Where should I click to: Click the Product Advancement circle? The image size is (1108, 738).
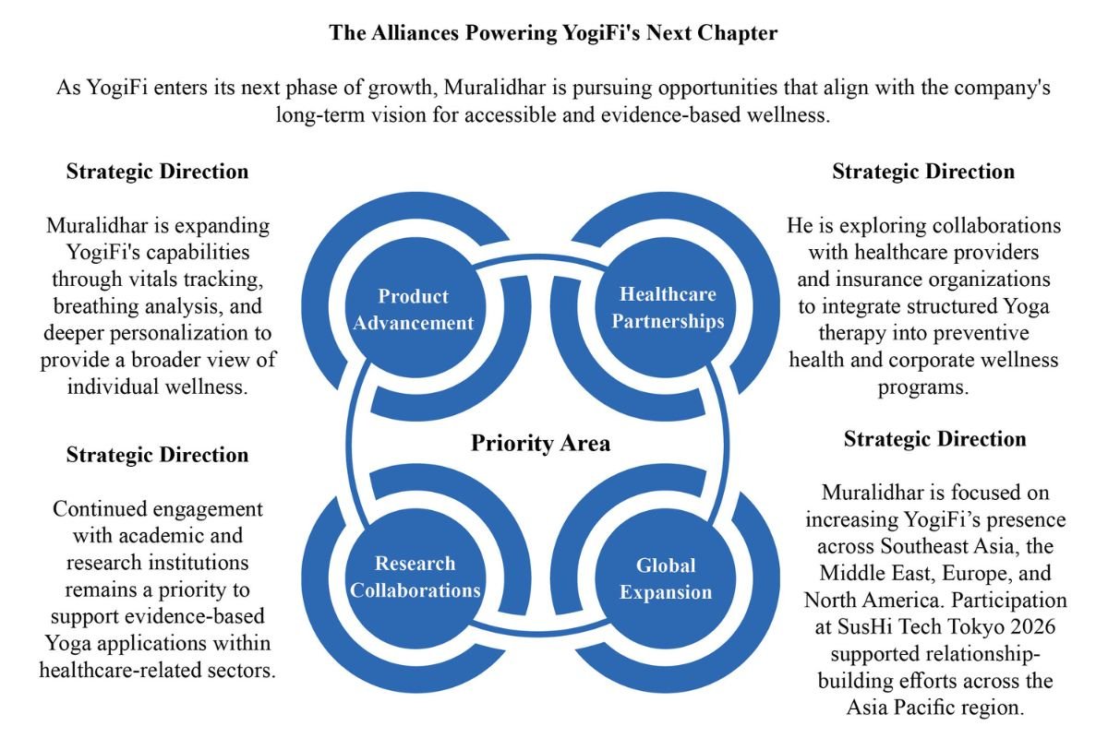415,307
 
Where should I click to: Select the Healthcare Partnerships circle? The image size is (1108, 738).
666,307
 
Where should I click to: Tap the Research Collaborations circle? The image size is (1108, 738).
415,578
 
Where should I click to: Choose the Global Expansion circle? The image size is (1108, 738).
666,578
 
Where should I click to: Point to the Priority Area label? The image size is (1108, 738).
540,443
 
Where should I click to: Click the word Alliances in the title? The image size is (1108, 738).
415,33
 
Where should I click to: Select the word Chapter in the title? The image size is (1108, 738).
737,33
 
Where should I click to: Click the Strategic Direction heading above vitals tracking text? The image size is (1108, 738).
157,172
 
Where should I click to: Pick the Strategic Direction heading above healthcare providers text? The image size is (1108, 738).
923,172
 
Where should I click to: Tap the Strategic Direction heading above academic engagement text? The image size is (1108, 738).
157,455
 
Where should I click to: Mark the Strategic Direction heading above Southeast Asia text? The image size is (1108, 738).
934,439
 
